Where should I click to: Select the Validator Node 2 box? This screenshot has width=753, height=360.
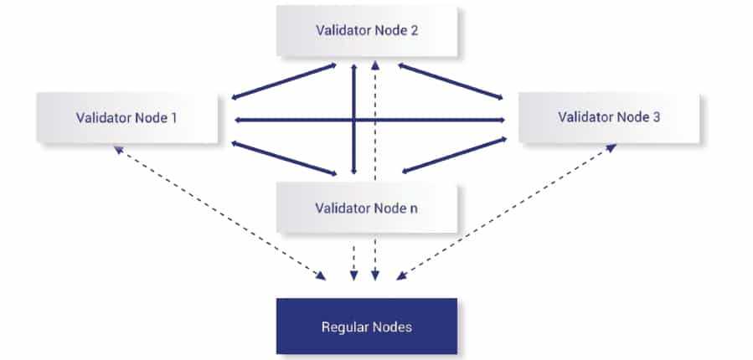pyautogui.click(x=367, y=32)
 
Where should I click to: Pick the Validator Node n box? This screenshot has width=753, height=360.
pyautogui.click(x=367, y=207)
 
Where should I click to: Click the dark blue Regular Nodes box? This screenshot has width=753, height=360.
pyautogui.click(x=367, y=326)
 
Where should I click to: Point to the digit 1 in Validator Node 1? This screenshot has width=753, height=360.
pyautogui.click(x=173, y=117)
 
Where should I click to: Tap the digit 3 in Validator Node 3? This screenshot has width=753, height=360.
pyautogui.click(x=656, y=117)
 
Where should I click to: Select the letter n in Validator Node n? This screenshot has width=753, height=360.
pyautogui.click(x=414, y=208)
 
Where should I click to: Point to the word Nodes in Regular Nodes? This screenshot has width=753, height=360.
pyautogui.click(x=393, y=327)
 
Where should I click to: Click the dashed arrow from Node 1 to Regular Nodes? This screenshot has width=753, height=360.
pyautogui.click(x=219, y=212)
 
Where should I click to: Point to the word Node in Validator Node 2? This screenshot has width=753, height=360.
pyautogui.click(x=388, y=32)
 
